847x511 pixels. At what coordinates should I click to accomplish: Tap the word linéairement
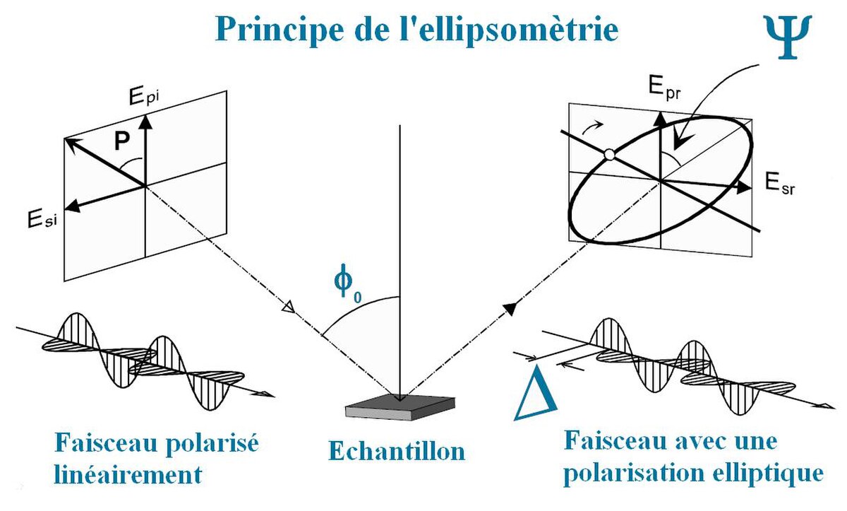tap(128, 474)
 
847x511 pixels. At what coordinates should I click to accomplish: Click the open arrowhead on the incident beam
tap(286, 309)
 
